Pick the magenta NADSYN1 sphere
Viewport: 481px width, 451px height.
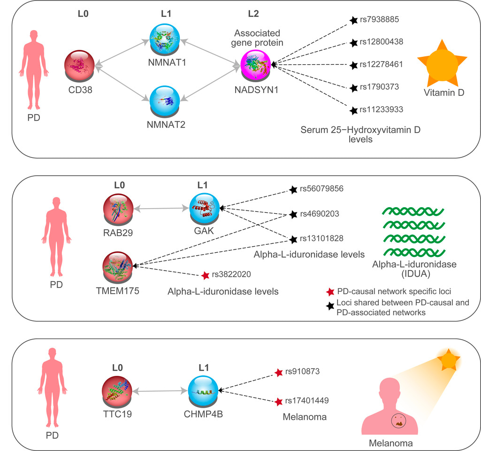256,65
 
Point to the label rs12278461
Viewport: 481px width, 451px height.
382,64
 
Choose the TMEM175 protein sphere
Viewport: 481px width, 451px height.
118,266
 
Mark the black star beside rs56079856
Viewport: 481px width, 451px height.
293,190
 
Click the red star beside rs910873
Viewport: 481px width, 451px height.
279,372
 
